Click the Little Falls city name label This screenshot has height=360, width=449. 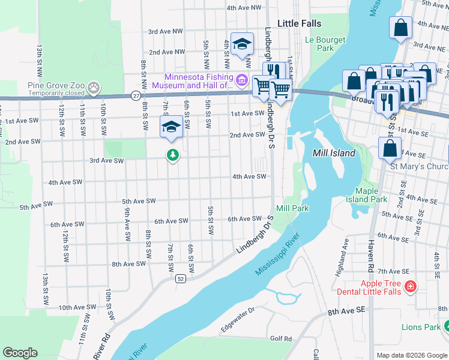pyautogui.click(x=299, y=23)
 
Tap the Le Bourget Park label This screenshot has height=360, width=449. pyautogui.click(x=325, y=44)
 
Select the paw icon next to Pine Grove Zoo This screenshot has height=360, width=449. pyautogui.click(x=94, y=88)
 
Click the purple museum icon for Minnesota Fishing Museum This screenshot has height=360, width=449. pyautogui.click(x=241, y=79)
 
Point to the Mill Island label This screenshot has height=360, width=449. pyautogui.click(x=334, y=153)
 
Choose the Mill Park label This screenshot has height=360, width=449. pyautogui.click(x=292, y=208)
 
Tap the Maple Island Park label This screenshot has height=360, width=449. pyautogui.click(x=367, y=195)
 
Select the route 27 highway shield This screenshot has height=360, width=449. pyautogui.click(x=136, y=95)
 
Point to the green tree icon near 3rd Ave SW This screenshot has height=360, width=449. pyautogui.click(x=173, y=155)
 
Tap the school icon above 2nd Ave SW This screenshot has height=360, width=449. pyautogui.click(x=170, y=127)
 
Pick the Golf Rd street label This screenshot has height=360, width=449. pyautogui.click(x=280, y=338)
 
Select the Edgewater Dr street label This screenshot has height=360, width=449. pyautogui.click(x=238, y=315)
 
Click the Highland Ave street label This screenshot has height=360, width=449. pyautogui.click(x=343, y=252)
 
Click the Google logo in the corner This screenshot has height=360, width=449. pyautogui.click(x=20, y=353)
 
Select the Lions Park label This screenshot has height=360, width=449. pyautogui.click(x=421, y=327)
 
